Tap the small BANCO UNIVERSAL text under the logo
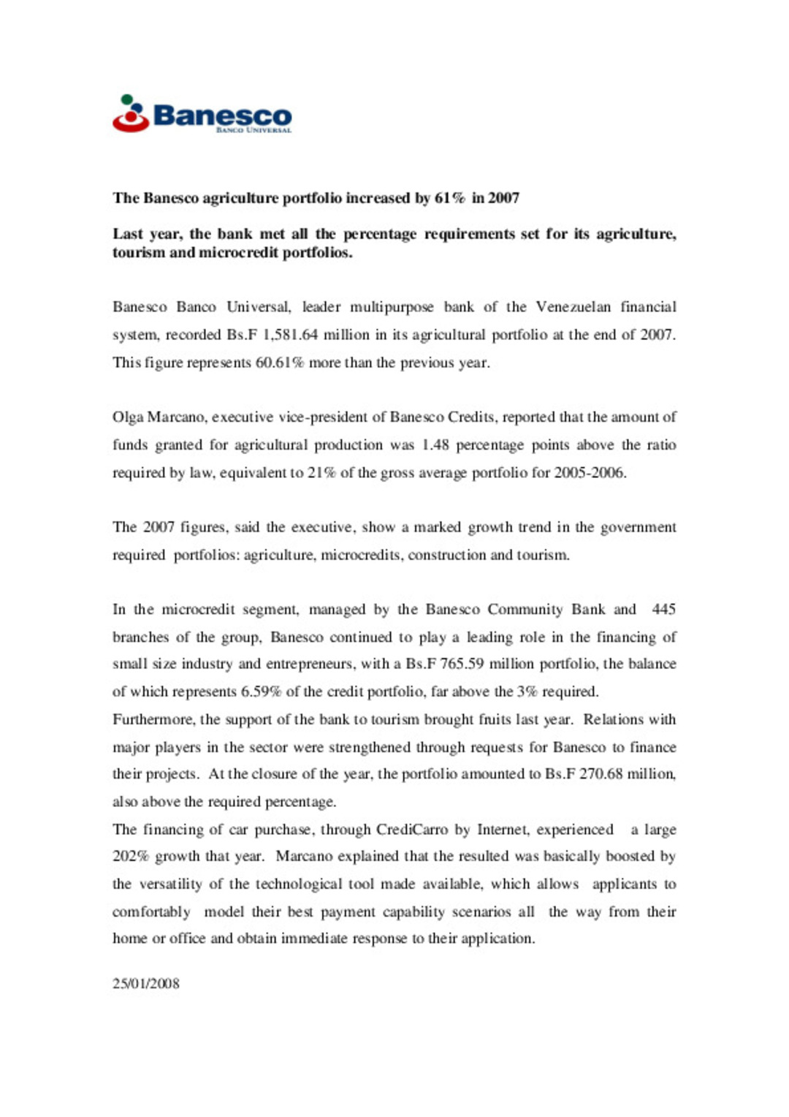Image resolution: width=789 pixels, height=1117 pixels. pyautogui.click(x=254, y=130)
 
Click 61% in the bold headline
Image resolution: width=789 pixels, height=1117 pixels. pyautogui.click(x=449, y=198)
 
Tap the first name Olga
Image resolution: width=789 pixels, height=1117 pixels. pyautogui.click(x=128, y=417)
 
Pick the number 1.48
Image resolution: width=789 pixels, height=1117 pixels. pyautogui.click(x=435, y=445)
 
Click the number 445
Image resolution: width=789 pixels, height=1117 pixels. pyautogui.click(x=663, y=610)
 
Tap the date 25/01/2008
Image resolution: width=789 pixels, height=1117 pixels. pyautogui.click(x=146, y=984)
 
